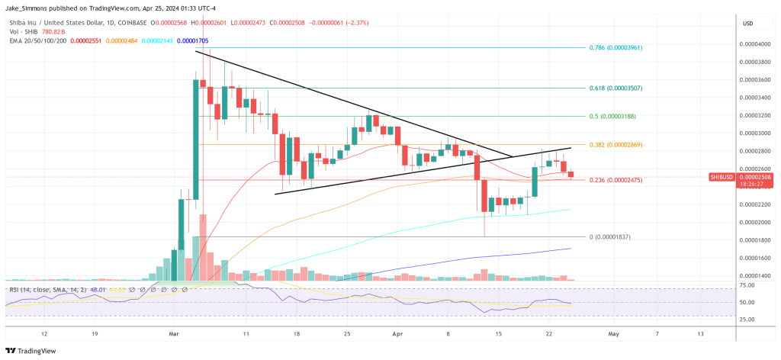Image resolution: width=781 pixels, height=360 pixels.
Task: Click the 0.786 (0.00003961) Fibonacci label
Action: tap(619, 47)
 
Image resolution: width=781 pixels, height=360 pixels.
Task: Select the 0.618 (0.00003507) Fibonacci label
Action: tap(619, 88)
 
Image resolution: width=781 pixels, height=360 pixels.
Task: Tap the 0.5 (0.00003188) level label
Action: tap(615, 117)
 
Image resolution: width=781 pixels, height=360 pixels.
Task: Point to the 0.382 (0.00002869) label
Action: tap(619, 144)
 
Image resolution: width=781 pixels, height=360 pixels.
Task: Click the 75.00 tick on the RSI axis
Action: tap(747, 285)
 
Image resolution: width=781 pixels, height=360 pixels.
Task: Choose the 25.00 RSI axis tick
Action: tap(747, 320)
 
